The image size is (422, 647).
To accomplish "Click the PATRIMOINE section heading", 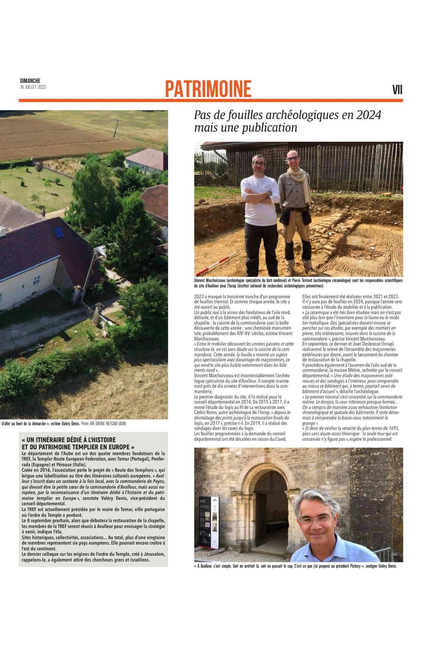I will click(208, 89).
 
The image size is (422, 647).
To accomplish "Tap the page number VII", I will click(397, 90).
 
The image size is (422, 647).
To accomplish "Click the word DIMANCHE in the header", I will click(30, 81).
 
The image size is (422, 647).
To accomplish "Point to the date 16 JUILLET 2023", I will click(33, 87).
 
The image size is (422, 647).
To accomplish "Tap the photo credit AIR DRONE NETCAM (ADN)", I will click(108, 423).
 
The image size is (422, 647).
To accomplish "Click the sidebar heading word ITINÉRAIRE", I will click(54, 440).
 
